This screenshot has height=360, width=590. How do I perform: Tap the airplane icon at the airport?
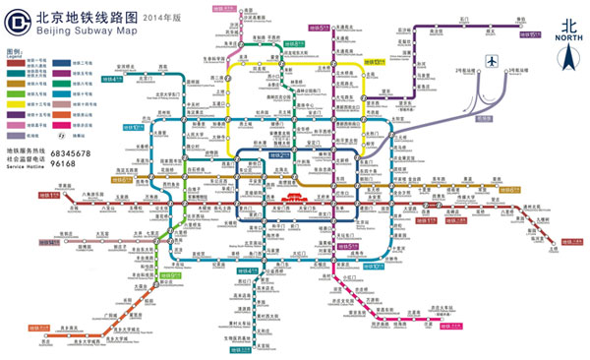click(492, 63)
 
